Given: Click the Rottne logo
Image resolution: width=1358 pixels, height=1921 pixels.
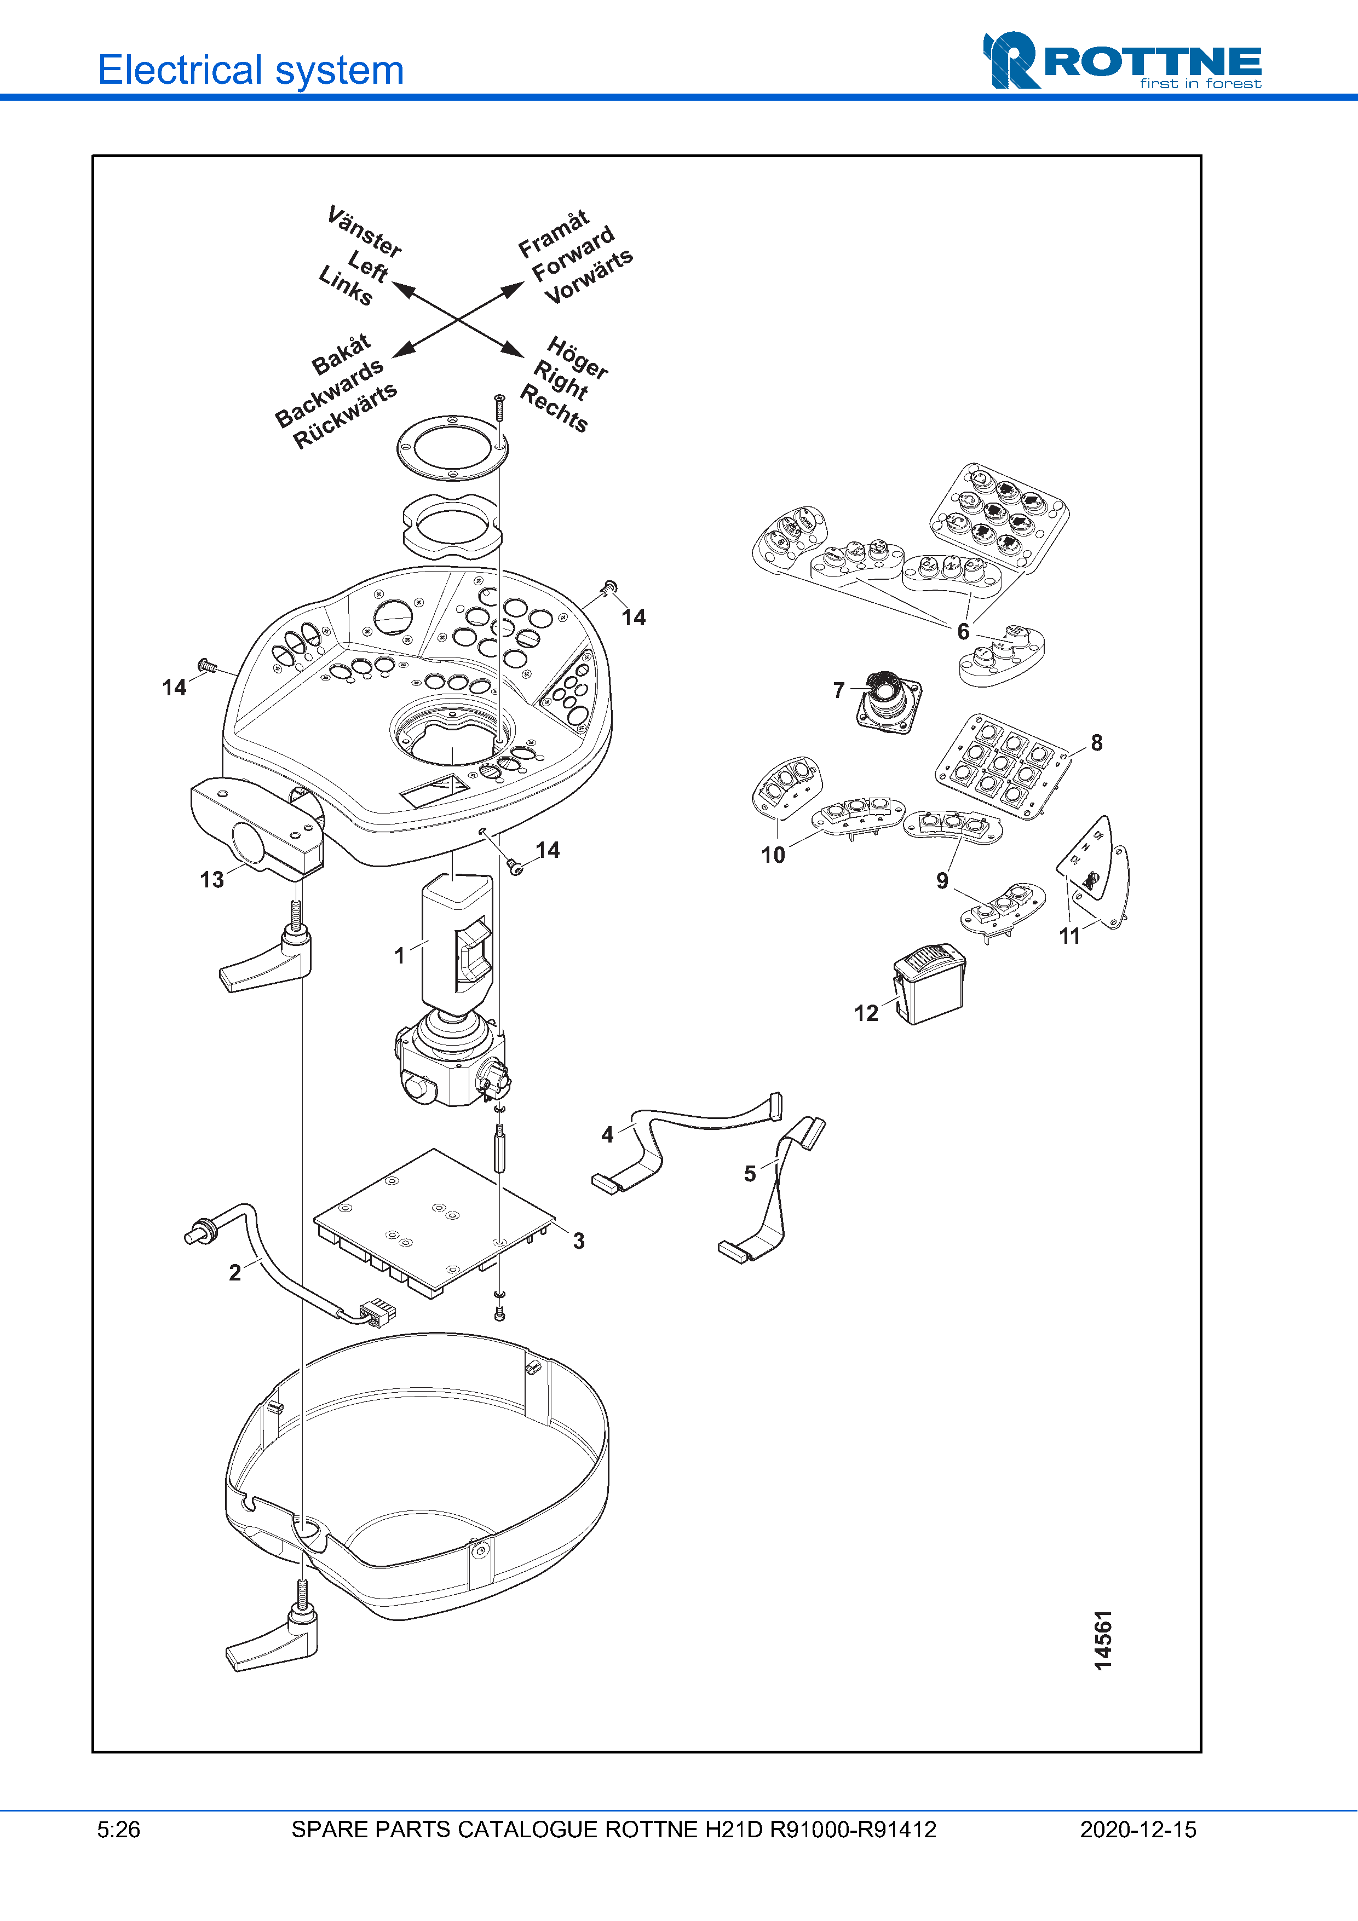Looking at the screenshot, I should tap(1121, 61).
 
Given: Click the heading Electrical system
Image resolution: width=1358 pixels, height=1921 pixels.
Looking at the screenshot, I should tap(250, 70).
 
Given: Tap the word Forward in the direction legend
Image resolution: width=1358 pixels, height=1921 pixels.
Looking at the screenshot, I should tap(573, 255).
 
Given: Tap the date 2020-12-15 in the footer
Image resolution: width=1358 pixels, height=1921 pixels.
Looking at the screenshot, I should tap(1137, 1830).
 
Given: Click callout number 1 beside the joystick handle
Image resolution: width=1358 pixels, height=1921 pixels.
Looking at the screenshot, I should tap(400, 955).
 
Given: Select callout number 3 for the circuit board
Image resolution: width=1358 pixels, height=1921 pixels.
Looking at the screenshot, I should tap(578, 1241).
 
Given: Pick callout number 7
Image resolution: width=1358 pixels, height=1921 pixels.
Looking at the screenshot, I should tap(838, 690).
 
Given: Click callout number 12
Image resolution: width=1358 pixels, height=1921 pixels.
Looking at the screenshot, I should tap(866, 1013).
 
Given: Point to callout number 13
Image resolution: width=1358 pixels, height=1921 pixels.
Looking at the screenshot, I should tap(212, 879).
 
